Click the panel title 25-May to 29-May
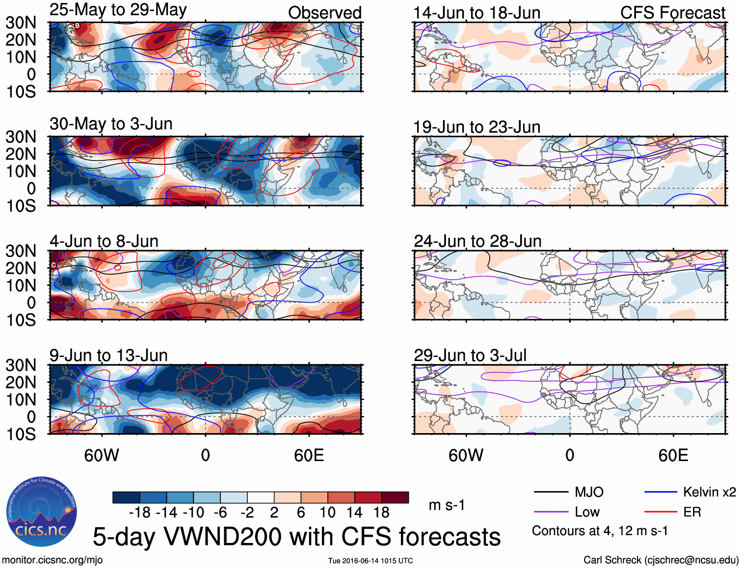(118, 10)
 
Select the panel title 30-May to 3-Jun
(111, 124)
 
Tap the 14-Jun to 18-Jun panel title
(476, 13)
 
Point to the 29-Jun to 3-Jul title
(470, 356)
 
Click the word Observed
(324, 13)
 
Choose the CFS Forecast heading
(672, 13)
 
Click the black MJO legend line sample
(551, 492)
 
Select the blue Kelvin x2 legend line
(661, 492)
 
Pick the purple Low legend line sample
(551, 512)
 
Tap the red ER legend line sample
(661, 512)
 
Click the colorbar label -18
(140, 513)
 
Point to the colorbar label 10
(327, 513)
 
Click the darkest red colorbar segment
(395, 497)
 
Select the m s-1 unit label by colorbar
(447, 505)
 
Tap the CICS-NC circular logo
(42, 512)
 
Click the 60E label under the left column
(309, 456)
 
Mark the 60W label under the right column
(466, 456)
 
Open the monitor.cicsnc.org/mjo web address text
(52, 560)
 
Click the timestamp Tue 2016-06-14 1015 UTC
(370, 561)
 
